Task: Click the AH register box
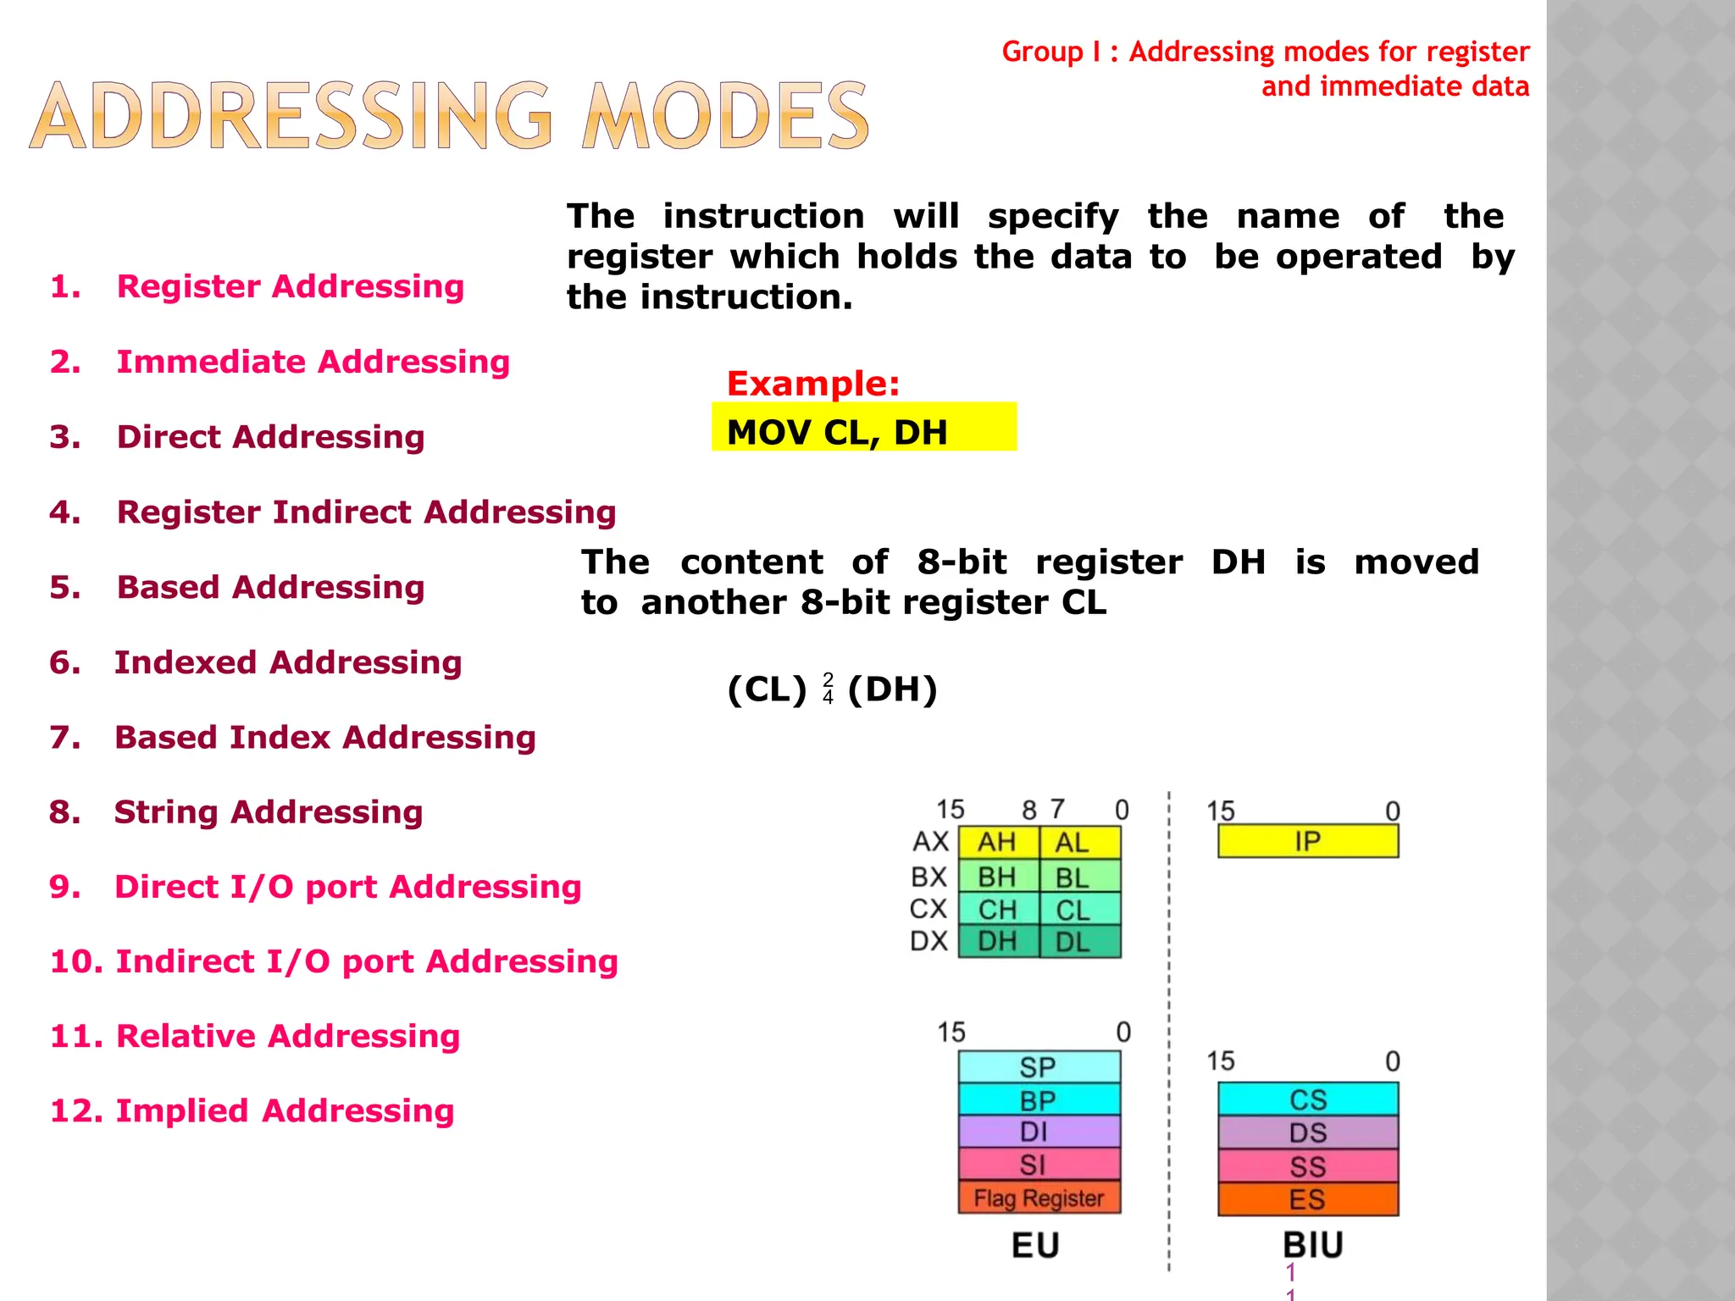pos(997,842)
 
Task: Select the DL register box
pos(1078,941)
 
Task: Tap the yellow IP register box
pos(1307,841)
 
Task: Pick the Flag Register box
pos(1039,1198)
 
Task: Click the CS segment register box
pos(1307,1099)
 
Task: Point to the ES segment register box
pos(1307,1199)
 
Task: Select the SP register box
pos(1039,1067)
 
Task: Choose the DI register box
pos(1039,1132)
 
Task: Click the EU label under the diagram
pos(1035,1245)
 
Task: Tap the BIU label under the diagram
pos(1312,1245)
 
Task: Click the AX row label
pos(930,842)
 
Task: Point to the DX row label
pos(928,941)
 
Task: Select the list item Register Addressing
pos(290,286)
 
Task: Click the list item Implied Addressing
pos(285,1110)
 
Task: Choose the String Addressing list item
pos(268,811)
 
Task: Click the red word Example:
pos(812,384)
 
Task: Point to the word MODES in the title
pos(725,116)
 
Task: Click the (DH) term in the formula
pos(892,689)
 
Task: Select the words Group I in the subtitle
pos(1050,52)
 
